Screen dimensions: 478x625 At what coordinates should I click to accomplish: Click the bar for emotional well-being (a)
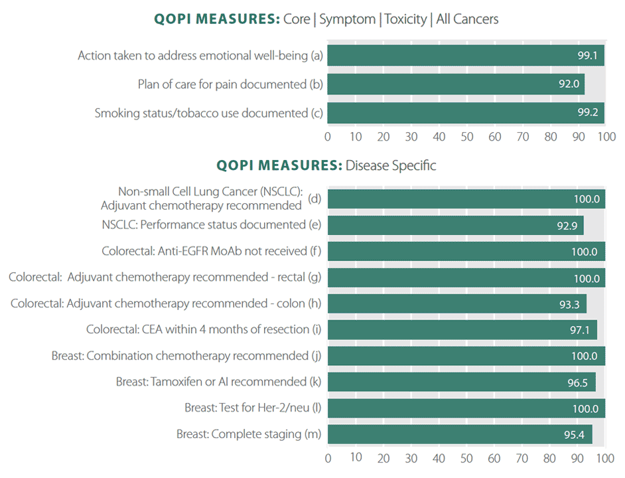pos(464,56)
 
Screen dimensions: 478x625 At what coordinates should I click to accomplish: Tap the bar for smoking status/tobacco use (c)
pos(464,113)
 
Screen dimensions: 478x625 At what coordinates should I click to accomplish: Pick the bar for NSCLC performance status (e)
pos(455,225)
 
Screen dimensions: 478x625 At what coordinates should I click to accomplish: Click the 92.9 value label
pos(568,225)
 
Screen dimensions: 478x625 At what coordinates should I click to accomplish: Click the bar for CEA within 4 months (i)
pos(462,330)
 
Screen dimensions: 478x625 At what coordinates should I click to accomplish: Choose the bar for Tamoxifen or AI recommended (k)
pos(461,382)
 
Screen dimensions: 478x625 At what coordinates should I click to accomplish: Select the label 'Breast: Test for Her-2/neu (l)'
pos(253,408)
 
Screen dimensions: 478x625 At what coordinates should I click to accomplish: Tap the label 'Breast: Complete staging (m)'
pos(249,434)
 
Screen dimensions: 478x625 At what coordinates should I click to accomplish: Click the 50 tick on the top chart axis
pos(466,137)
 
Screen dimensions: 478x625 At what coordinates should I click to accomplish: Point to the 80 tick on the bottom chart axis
pos(549,458)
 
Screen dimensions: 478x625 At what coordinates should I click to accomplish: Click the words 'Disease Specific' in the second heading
pos(391,165)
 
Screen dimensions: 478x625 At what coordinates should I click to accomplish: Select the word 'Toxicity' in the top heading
pos(405,19)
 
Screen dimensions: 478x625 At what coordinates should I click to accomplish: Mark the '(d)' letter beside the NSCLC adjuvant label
pos(315,199)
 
